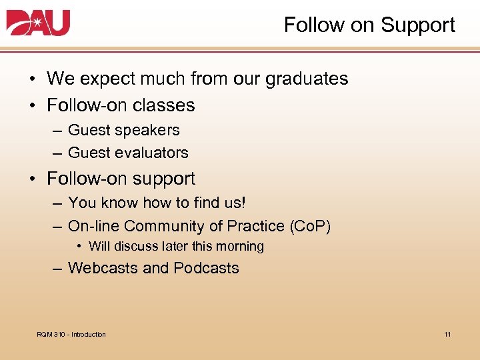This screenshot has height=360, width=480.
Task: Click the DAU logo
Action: click(38, 23)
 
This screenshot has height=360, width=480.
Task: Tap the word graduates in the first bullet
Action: click(307, 79)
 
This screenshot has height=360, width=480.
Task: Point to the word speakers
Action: click(151, 131)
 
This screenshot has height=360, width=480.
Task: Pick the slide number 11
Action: click(447, 334)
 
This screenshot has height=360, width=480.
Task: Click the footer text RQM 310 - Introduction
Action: click(71, 334)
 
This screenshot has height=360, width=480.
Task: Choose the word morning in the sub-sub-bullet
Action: click(239, 247)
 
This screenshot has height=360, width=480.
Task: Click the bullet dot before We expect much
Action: click(32, 79)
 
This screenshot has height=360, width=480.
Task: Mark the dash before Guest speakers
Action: click(57, 131)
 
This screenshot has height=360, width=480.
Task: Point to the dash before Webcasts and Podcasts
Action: click(57, 268)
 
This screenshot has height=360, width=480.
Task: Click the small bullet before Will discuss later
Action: click(80, 247)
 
